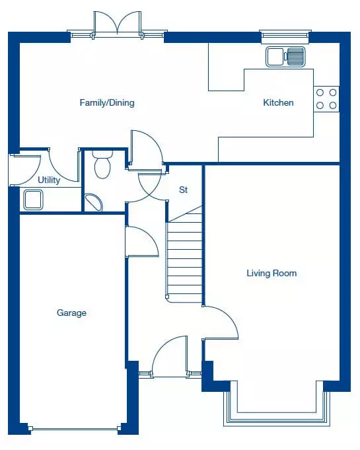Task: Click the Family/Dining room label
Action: pyautogui.click(x=107, y=102)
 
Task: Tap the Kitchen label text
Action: pyautogui.click(x=278, y=102)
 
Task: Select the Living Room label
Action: pyautogui.click(x=271, y=273)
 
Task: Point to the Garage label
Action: pyautogui.click(x=71, y=313)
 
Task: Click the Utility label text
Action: pyautogui.click(x=49, y=180)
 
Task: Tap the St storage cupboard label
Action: pyautogui.click(x=183, y=190)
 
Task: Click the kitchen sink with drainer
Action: pyautogui.click(x=285, y=57)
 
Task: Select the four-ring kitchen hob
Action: pyautogui.click(x=326, y=99)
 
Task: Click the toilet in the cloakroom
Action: pyautogui.click(x=102, y=165)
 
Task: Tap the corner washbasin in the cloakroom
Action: pyautogui.click(x=94, y=202)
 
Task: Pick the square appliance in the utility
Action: pyautogui.click(x=33, y=200)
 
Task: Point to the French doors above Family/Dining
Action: pyautogui.click(x=118, y=24)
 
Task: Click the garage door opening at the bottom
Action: pyautogui.click(x=75, y=429)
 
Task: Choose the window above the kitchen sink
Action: pyautogui.click(x=285, y=35)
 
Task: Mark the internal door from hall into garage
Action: pyautogui.click(x=142, y=241)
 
